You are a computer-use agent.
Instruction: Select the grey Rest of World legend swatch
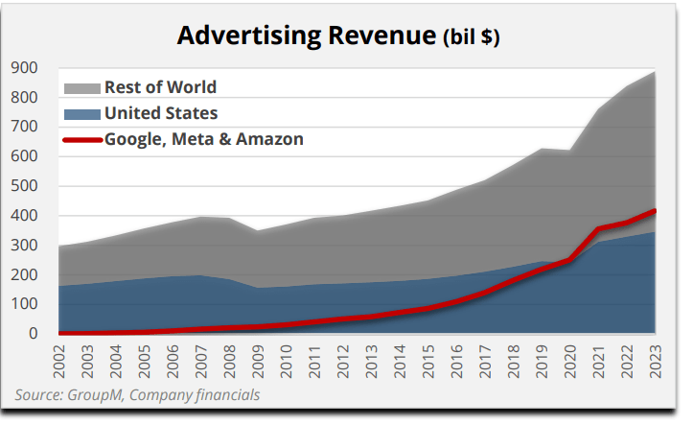81,88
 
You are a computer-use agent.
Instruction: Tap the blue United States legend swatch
81,114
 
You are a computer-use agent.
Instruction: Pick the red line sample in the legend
81,140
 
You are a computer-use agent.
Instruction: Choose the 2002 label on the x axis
58,360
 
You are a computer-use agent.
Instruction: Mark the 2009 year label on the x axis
256,360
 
